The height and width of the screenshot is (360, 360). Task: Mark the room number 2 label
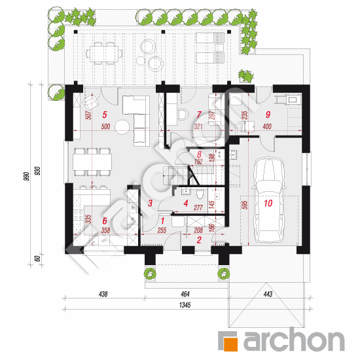[x=198, y=240]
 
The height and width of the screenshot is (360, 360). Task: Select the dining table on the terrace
[x=103, y=52]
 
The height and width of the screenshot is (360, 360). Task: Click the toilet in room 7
[x=183, y=115]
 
